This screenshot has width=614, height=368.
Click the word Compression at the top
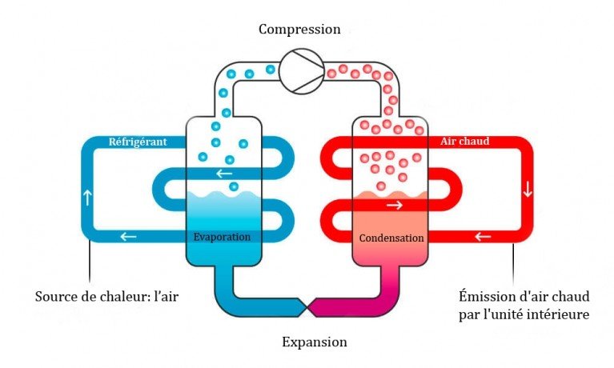click(299, 30)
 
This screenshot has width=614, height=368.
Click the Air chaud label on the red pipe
click(464, 142)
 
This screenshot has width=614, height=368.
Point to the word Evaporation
click(222, 238)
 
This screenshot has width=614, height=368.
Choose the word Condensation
click(391, 238)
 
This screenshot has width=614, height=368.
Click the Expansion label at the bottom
click(315, 342)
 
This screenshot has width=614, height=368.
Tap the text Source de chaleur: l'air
click(106, 297)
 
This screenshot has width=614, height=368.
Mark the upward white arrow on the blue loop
click(87, 194)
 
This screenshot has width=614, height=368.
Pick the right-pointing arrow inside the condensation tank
click(394, 206)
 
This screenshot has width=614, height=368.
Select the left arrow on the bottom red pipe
click(482, 236)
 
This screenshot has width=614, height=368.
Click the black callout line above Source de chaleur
click(89, 264)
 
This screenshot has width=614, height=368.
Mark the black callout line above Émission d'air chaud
click(513, 264)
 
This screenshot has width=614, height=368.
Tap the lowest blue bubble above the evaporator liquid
click(233, 186)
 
